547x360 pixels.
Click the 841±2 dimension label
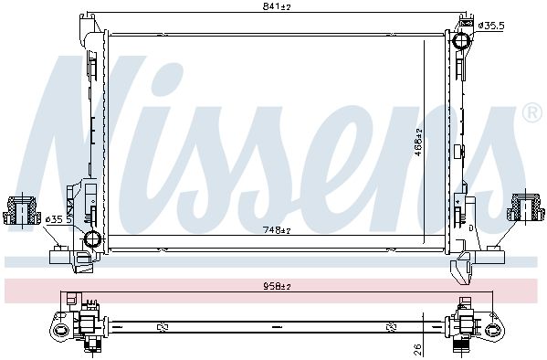pyautogui.click(x=277, y=6)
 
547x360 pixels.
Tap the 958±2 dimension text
pyautogui.click(x=277, y=286)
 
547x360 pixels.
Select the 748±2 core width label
pyautogui.click(x=277, y=230)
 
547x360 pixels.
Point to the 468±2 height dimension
pyautogui.click(x=418, y=142)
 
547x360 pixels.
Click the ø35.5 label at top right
pyautogui.click(x=490, y=26)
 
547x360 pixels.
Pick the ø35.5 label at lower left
pyautogui.click(x=59, y=219)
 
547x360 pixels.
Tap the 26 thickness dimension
pyautogui.click(x=418, y=348)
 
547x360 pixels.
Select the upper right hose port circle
pyautogui.click(x=461, y=40)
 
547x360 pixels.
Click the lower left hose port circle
pyautogui.click(x=93, y=239)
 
